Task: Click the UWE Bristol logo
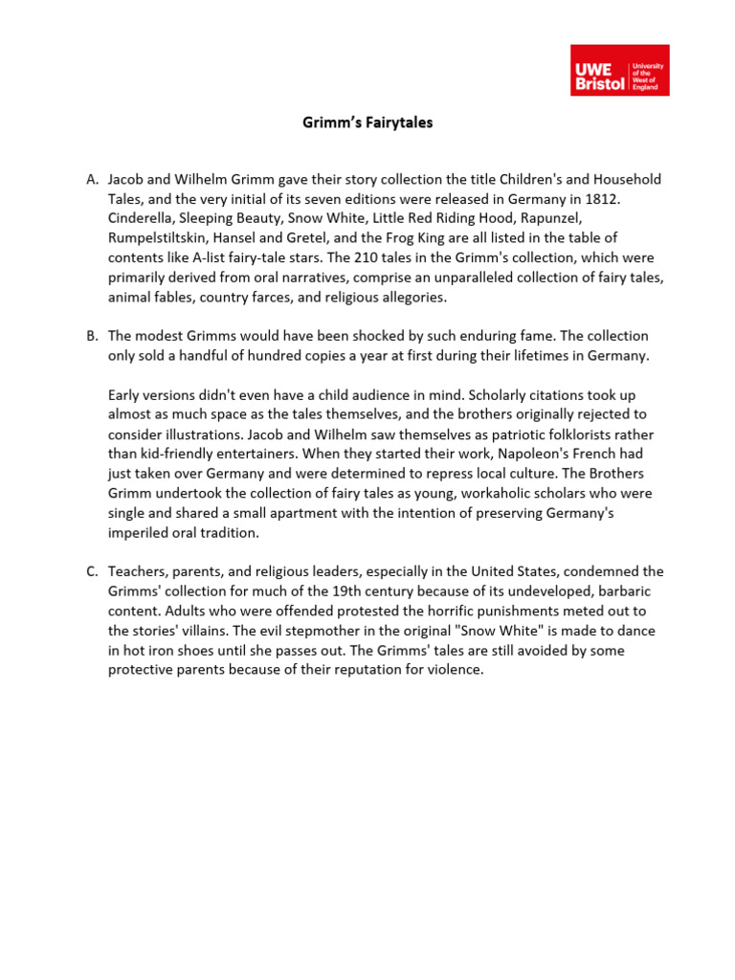(x=619, y=70)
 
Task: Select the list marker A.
(x=92, y=180)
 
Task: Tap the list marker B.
(x=92, y=336)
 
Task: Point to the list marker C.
(x=92, y=571)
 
